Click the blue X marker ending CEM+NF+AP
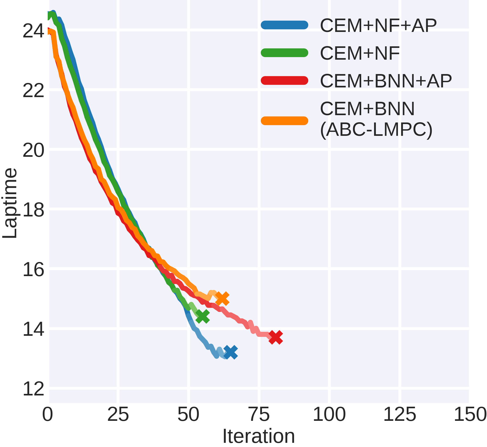pyautogui.click(x=231, y=352)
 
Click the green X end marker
pyautogui.click(x=202, y=316)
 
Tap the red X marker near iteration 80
pyautogui.click(x=275, y=337)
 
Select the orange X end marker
pyautogui.click(x=222, y=299)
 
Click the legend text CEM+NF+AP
pyautogui.click(x=378, y=25)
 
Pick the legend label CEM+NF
pyautogui.click(x=360, y=53)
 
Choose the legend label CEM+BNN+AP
pyautogui.click(x=386, y=81)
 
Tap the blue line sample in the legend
pyautogui.click(x=284, y=25)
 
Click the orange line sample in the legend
pyautogui.click(x=284, y=121)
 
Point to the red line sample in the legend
pyautogui.click(x=284, y=80)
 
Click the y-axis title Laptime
pyautogui.click(x=10, y=203)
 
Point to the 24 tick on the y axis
pyautogui.click(x=33, y=31)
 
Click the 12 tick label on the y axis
pyautogui.click(x=33, y=389)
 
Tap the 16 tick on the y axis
pyautogui.click(x=33, y=270)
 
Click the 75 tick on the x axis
pyautogui.click(x=259, y=415)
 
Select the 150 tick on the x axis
pyautogui.click(x=470, y=415)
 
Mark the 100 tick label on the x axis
pyautogui.click(x=329, y=415)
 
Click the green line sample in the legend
pyautogui.click(x=284, y=53)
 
